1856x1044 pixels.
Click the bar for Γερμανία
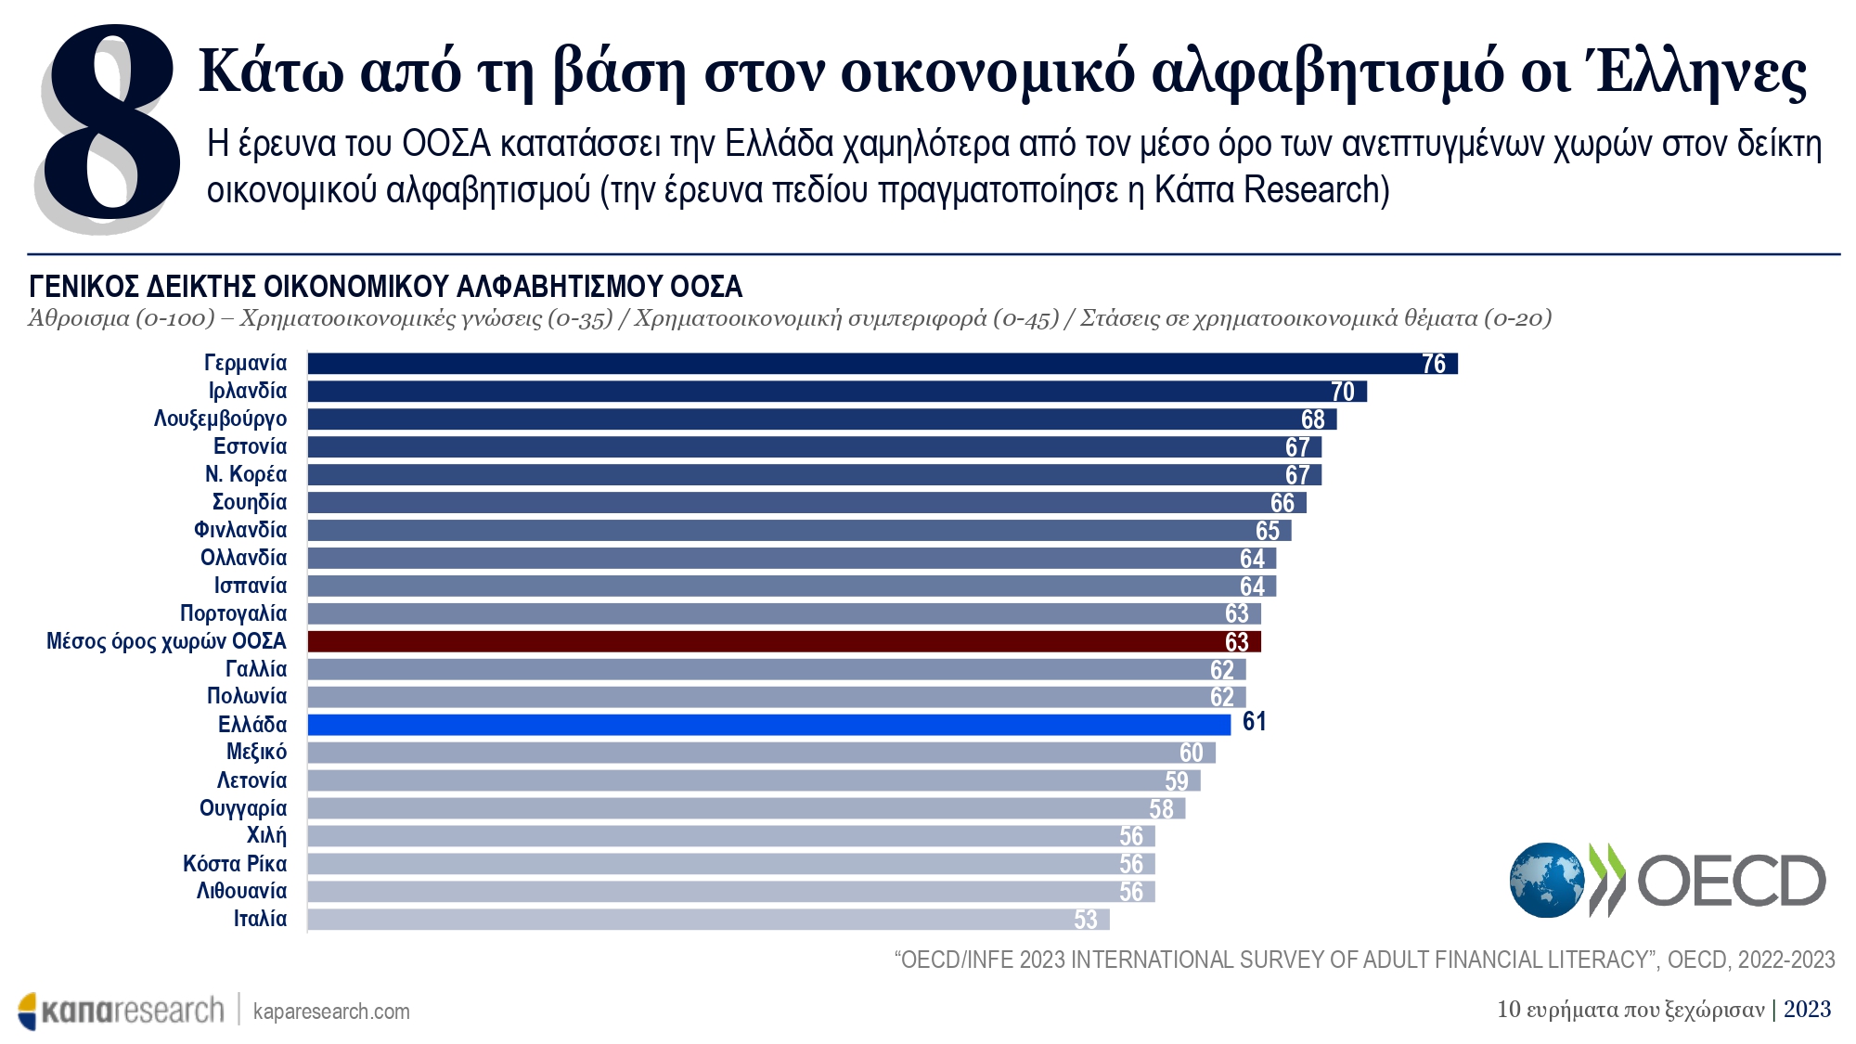coord(882,363)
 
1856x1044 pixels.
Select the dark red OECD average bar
coord(784,641)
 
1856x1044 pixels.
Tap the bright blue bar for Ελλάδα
coord(768,725)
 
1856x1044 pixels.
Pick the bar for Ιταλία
coord(708,920)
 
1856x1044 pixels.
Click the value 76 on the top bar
coord(1434,364)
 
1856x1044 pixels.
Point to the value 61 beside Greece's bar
coord(1254,722)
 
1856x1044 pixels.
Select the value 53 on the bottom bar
coord(1086,920)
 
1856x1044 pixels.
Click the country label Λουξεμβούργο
coord(220,419)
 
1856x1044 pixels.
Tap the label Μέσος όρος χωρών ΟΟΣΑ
coord(166,641)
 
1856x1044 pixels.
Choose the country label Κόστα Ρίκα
coord(235,864)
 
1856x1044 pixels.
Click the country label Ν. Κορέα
coord(246,474)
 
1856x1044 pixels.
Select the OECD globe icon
coord(1546,880)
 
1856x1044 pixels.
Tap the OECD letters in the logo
coord(1731,881)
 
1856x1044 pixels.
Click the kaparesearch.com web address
coord(331,1011)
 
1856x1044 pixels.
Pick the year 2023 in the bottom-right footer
coord(1807,1009)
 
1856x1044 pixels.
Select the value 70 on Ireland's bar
coord(1343,392)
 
